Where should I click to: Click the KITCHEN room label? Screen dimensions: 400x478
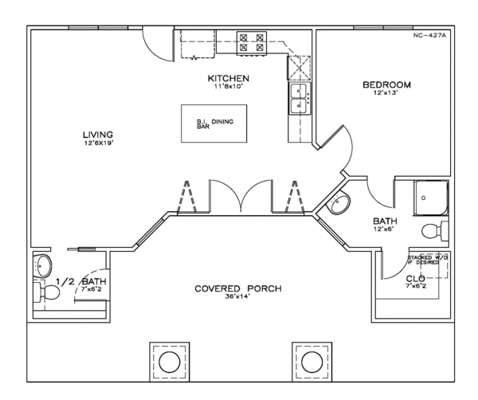[x=229, y=78]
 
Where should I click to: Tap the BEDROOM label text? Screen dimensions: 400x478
[x=386, y=84]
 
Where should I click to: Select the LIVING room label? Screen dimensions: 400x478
[x=98, y=133]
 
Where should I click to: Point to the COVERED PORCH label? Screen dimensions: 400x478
[x=239, y=288]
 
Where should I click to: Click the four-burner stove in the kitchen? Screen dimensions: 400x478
[x=253, y=43]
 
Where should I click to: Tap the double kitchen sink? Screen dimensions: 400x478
[x=300, y=100]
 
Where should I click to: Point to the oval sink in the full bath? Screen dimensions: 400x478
[x=339, y=206]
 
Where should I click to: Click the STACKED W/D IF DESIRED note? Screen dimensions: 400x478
[x=428, y=261]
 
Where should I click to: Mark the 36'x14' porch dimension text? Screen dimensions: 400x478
[x=239, y=297]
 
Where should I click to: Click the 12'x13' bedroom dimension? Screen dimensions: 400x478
[x=386, y=94]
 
